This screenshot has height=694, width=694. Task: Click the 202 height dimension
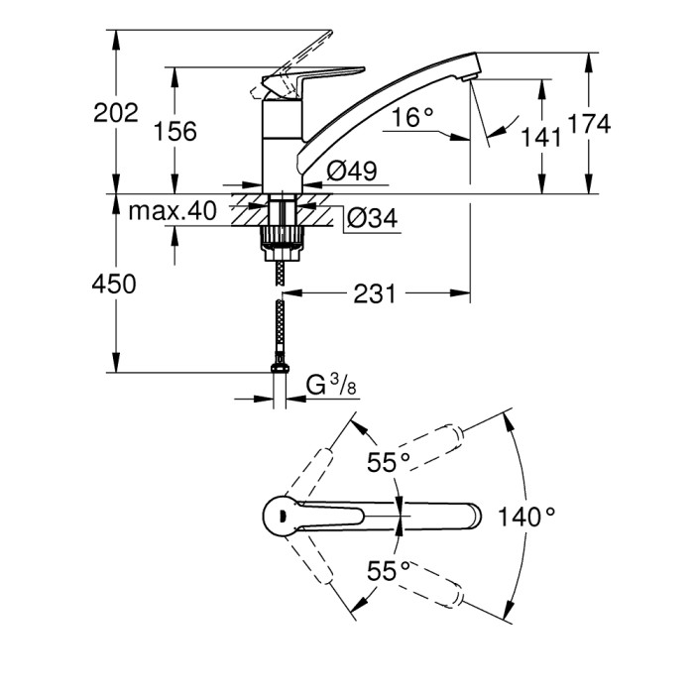116,113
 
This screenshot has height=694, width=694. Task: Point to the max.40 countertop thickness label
172,210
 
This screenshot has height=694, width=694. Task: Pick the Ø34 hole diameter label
371,218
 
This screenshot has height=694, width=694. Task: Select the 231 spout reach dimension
376,293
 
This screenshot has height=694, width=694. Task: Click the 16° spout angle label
411,118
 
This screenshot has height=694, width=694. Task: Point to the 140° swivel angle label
526,517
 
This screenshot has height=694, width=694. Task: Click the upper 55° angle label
389,461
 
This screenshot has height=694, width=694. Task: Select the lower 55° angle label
389,570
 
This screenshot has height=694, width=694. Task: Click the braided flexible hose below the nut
282,317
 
